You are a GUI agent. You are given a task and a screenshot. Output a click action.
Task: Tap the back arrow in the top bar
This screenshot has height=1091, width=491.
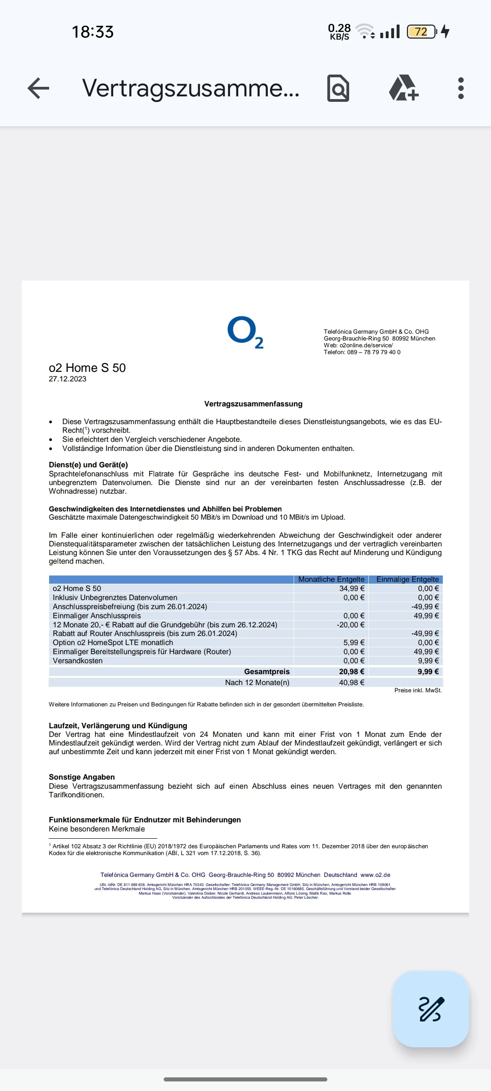coord(38,88)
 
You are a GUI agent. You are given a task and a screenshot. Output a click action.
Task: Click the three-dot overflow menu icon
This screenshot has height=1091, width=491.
coord(461,88)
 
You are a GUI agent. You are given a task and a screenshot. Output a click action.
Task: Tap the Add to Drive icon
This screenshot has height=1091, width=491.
coord(403,88)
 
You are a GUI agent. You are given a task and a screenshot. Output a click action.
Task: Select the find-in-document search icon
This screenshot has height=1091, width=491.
coord(338,88)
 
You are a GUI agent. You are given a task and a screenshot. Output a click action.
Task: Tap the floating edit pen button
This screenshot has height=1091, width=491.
coord(431,1009)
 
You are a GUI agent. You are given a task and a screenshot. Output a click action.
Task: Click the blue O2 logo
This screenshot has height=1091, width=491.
coord(245,332)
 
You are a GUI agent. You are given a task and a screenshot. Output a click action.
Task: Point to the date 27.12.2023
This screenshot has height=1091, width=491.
coord(67,379)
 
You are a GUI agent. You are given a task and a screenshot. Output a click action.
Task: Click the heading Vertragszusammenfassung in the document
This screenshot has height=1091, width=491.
coord(253,404)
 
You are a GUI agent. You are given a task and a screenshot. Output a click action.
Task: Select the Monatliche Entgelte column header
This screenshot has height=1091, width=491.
coord(331,579)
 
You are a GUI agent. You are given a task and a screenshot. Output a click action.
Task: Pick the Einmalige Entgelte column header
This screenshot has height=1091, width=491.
coord(407,579)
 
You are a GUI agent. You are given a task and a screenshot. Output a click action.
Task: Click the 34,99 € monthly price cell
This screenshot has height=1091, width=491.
coord(351,588)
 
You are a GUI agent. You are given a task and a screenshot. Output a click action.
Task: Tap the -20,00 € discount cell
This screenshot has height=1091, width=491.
coord(350,625)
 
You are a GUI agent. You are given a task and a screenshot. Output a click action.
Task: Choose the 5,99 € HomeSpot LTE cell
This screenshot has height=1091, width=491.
coord(354,642)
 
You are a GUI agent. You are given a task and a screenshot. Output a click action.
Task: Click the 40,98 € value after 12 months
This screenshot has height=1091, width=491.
coord(351,682)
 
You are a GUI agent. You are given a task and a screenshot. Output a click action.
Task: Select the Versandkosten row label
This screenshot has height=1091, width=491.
coord(78,661)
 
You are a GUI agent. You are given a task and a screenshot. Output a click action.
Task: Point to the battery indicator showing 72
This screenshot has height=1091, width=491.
coord(421,32)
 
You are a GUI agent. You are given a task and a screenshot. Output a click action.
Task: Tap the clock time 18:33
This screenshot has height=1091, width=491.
coord(93,32)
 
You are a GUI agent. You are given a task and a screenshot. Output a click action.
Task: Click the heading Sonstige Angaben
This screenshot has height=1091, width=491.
coord(82,777)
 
